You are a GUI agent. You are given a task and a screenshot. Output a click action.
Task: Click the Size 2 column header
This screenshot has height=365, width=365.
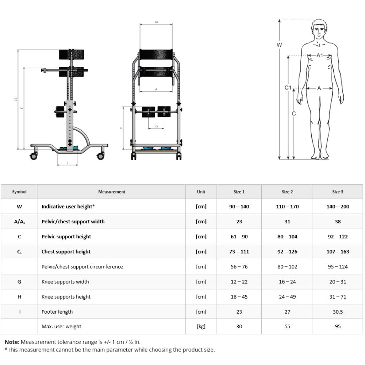coord(287,192)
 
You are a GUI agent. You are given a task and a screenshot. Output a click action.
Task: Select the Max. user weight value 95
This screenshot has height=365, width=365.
coord(338,326)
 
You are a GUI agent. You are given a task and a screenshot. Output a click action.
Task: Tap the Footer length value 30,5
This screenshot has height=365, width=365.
coord(338,312)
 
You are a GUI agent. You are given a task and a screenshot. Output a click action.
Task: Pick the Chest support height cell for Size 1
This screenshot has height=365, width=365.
coord(239,251)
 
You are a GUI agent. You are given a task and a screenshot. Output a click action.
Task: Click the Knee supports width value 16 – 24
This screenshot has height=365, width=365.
coord(287,282)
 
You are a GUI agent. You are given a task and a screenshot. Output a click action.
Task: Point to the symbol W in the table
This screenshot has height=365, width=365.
coord(19,207)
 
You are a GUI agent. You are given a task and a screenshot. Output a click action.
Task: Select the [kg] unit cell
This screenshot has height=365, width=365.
coord(201,326)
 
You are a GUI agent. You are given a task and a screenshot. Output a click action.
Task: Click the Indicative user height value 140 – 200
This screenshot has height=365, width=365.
coord(338,207)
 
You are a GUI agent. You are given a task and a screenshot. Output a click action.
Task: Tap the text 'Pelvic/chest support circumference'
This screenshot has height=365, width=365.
coord(82,267)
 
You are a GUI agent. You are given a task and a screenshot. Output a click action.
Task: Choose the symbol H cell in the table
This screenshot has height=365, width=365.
coord(19,297)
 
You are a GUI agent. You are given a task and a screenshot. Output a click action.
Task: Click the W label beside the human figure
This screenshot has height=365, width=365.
coord(279,45)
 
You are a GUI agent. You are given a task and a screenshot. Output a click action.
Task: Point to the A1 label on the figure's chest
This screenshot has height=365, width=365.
coord(320,55)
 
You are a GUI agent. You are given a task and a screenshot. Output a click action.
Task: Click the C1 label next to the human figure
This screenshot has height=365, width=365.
coord(288,88)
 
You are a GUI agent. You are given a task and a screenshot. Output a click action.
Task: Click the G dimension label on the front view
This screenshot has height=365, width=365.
coord(157,126)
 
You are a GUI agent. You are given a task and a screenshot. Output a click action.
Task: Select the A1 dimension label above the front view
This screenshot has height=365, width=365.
coord(156,22)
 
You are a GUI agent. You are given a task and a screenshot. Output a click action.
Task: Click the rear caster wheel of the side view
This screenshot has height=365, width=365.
coord(100,156)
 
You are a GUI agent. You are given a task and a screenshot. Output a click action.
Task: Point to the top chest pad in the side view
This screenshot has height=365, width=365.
coord(72,54)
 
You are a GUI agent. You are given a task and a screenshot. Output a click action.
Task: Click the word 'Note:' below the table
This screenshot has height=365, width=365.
coord(12,342)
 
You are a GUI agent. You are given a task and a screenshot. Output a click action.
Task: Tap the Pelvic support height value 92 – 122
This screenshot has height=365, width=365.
coord(338,237)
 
